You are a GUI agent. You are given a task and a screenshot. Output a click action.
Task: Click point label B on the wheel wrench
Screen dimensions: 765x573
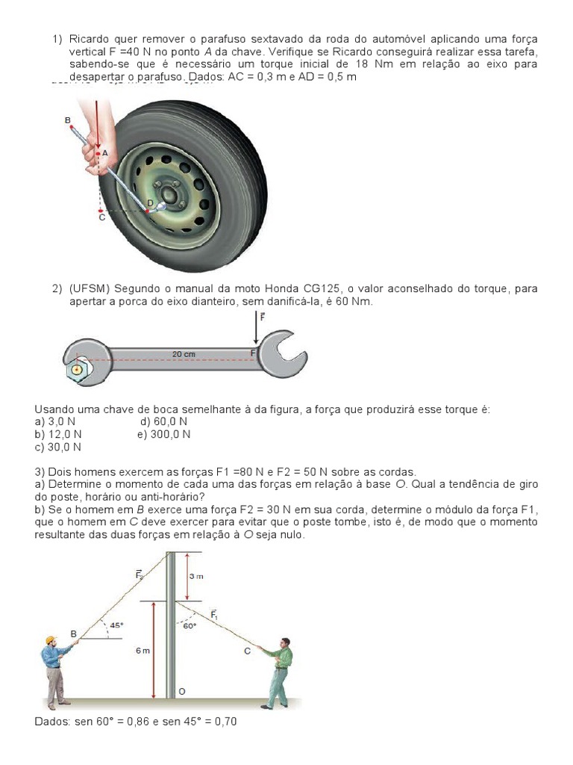[68, 120]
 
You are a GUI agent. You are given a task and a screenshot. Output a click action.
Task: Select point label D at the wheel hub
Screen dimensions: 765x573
[149, 202]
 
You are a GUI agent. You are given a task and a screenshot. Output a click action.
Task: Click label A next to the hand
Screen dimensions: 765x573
[105, 152]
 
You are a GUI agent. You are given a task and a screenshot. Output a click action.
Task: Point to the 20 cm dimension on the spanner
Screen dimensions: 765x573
[184, 353]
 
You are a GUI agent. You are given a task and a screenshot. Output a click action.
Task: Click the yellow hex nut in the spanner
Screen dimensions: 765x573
[75, 370]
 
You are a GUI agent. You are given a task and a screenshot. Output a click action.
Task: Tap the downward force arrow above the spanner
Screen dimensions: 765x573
[257, 326]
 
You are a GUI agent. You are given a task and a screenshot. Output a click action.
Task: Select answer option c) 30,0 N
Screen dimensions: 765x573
[58, 447]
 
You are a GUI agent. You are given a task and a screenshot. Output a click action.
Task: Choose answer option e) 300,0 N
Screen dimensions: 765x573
[163, 433]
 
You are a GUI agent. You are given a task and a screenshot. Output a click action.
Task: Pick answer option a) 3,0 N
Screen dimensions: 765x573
[55, 421]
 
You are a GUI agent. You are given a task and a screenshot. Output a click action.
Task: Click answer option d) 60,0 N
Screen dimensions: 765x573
[163, 421]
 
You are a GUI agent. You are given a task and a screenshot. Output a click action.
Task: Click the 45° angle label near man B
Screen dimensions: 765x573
[116, 625]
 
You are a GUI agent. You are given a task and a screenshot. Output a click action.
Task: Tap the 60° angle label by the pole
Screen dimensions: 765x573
[190, 626]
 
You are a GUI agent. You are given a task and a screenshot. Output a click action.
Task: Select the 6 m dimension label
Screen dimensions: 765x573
[142, 651]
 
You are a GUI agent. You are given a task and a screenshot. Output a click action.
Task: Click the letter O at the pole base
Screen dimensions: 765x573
[181, 691]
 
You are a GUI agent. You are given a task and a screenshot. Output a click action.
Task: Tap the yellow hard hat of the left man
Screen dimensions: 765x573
[51, 639]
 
